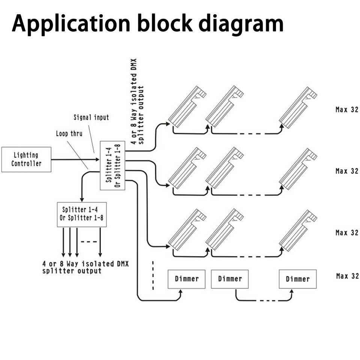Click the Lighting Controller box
[x=26, y=159]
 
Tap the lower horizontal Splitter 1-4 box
[x=81, y=214]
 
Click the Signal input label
[x=91, y=117]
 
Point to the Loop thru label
[x=69, y=133]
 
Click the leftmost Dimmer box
[x=186, y=279]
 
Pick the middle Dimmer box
[x=230, y=279]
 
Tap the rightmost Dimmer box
[x=298, y=279]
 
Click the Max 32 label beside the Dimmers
[x=347, y=276]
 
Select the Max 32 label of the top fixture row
[x=347, y=110]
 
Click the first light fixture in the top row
[x=187, y=107]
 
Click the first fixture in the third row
[x=187, y=230]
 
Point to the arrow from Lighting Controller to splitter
[x=75, y=160]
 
